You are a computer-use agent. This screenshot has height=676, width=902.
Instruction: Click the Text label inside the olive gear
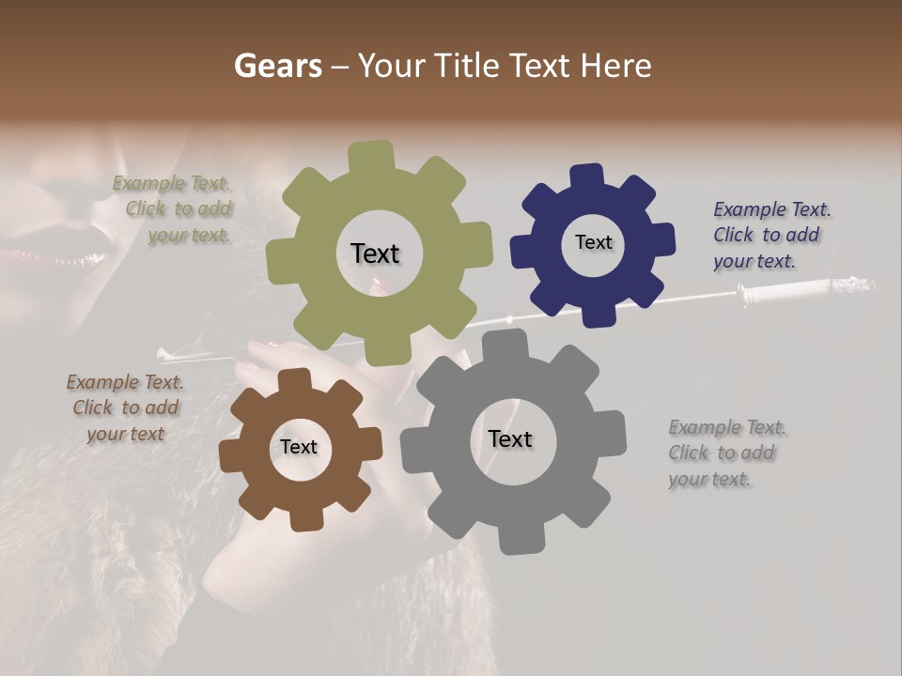pos(375,253)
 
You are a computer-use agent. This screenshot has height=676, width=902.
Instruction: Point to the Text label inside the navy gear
pos(593,242)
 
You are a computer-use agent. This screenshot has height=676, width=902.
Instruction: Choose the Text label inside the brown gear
pos(299,448)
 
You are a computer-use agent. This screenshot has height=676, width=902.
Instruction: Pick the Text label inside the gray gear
pos(510,438)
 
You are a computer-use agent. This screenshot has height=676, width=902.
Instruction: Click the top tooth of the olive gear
pos(371,156)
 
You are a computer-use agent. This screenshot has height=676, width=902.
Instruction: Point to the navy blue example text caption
pos(770,235)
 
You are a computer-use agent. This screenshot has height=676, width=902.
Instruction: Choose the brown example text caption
pos(125,407)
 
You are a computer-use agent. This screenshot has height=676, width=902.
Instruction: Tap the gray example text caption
pos(725,453)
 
